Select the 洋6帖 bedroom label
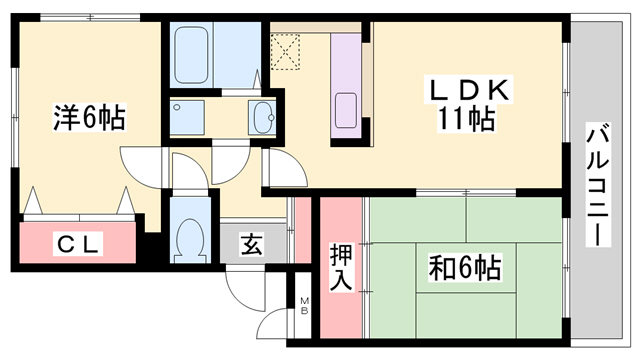(x=89, y=118)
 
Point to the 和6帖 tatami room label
(x=462, y=268)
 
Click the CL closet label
(x=76, y=243)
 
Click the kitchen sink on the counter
(x=349, y=108)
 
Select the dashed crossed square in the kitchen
(x=288, y=52)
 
